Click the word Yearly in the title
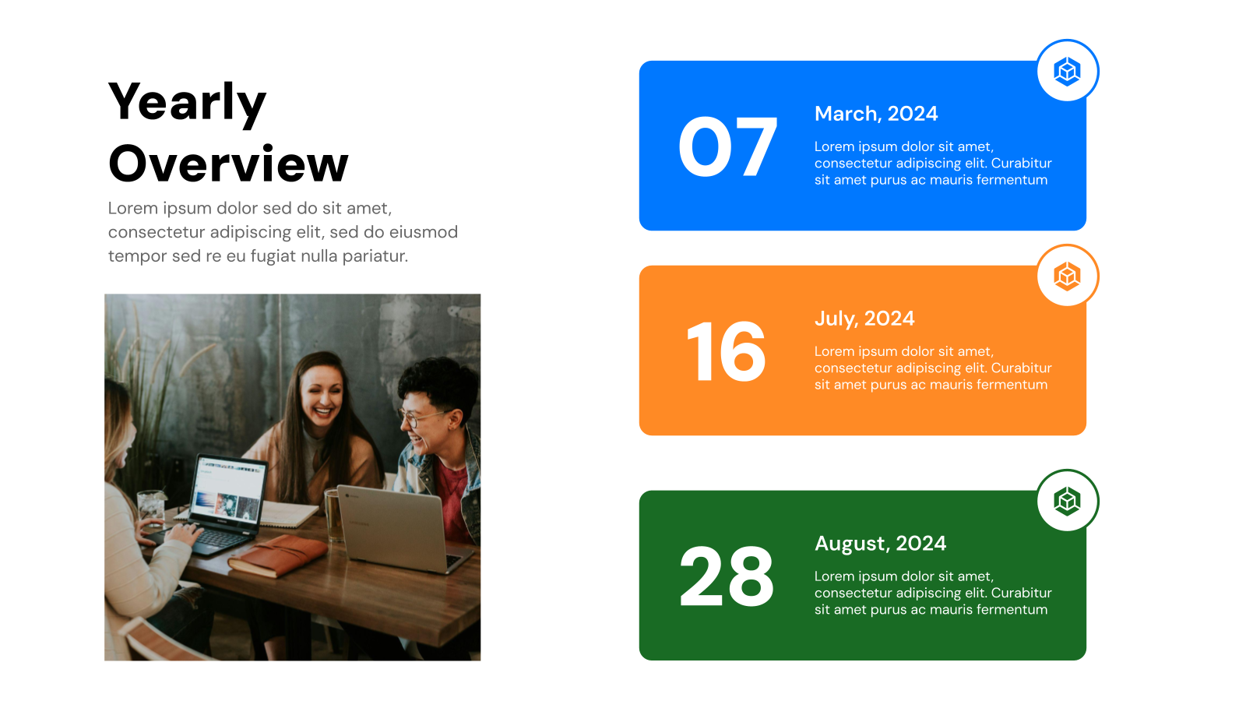tap(187, 103)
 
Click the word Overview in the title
tap(228, 164)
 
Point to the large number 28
tap(726, 577)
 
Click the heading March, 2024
tap(875, 114)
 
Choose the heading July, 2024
tap(864, 319)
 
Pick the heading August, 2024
tap(880, 544)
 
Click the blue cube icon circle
tap(1067, 71)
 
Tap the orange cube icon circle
tap(1067, 276)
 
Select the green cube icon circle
tap(1067, 501)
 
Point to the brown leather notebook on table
tap(279, 555)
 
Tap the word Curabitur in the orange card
tap(1021, 368)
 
